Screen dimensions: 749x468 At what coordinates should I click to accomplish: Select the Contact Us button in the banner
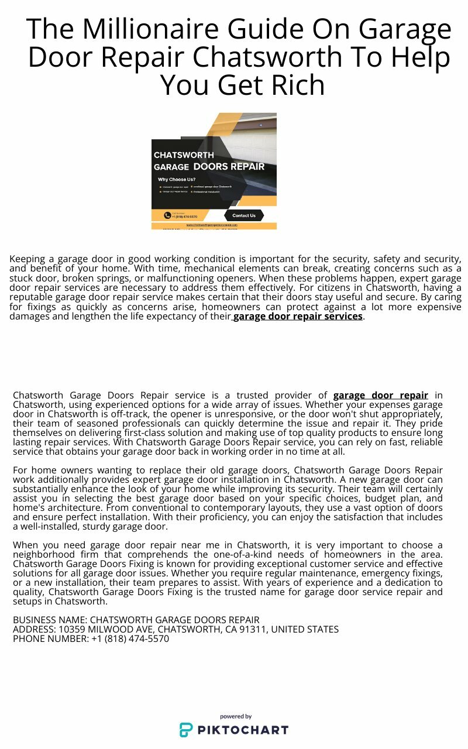coord(244,215)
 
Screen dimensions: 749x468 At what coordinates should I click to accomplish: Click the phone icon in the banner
coord(167,215)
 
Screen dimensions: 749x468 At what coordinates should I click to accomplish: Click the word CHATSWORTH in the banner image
coord(184,155)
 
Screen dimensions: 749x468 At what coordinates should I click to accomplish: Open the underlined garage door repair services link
coord(298,317)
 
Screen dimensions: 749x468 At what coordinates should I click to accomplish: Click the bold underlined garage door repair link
coord(380,396)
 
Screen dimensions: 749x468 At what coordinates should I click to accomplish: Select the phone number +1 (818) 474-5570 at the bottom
coord(130,639)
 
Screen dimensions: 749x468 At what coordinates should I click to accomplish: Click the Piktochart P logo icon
coord(186,730)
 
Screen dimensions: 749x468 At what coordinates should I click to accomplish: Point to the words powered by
coord(236,716)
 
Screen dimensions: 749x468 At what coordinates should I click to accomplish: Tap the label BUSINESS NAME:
coord(50,620)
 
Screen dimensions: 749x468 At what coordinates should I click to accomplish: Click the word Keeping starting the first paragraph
coord(27,259)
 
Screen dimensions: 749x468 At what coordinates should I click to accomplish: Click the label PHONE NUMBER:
coord(50,639)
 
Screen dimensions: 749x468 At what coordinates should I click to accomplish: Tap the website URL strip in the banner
coord(214,225)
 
